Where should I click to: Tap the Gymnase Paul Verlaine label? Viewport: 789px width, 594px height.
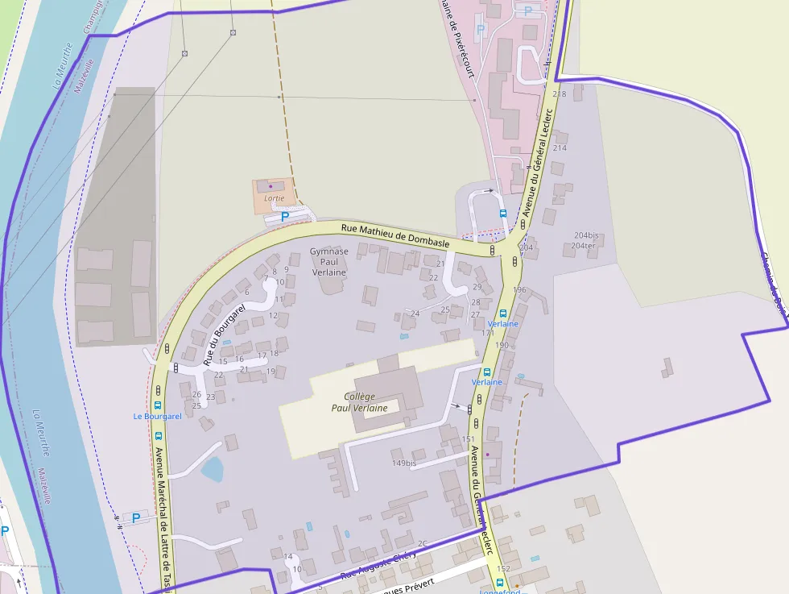[328, 262]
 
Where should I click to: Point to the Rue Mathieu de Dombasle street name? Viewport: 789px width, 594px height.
[394, 235]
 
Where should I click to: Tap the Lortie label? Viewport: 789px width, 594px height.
[274, 198]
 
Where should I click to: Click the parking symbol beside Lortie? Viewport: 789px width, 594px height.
[283, 217]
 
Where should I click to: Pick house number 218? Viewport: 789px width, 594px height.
[560, 94]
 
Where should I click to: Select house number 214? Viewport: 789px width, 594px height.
[560, 147]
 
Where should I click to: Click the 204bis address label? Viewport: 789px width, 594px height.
[585, 235]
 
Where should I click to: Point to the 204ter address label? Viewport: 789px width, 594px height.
[583, 245]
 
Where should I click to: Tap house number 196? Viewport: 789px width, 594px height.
[519, 289]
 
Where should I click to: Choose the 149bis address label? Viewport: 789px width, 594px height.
[404, 463]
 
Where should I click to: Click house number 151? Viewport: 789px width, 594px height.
[468, 439]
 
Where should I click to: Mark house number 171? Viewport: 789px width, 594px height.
[488, 332]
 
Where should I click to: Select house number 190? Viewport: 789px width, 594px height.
[502, 345]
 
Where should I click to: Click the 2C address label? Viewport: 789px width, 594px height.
[422, 543]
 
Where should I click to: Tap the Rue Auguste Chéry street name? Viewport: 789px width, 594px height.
[378, 565]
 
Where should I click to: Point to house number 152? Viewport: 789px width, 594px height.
[503, 568]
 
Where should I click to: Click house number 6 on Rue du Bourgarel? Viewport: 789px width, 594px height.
[246, 292]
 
